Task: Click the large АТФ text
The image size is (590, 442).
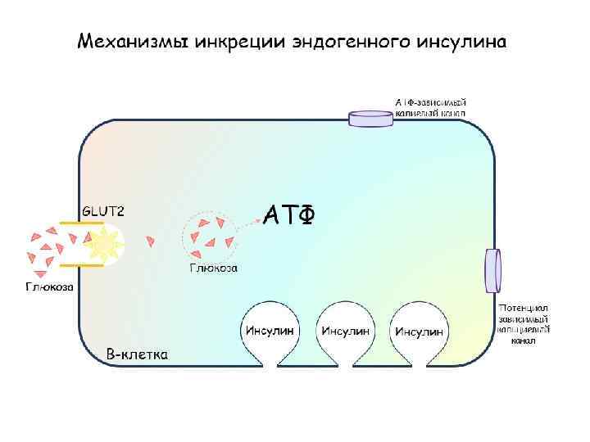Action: point(289,214)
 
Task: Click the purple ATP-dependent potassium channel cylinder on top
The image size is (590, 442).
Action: point(372,120)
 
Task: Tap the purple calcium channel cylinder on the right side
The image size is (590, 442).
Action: point(492,270)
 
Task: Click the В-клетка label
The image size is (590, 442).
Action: point(138,354)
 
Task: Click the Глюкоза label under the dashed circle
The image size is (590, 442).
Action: point(213,268)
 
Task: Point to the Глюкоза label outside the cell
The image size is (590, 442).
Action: point(49,286)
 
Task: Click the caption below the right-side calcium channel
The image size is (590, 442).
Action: point(524,323)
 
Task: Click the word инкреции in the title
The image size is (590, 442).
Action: point(242,42)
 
